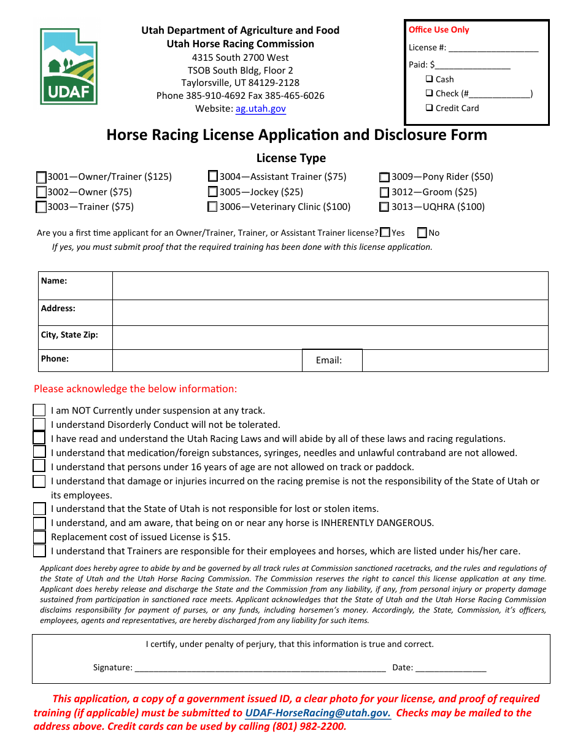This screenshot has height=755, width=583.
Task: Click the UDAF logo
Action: (69, 66)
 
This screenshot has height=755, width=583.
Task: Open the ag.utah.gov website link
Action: (260, 109)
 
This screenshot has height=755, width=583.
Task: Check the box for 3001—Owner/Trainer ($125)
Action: (42, 177)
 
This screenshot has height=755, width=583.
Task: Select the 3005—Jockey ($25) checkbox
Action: (213, 192)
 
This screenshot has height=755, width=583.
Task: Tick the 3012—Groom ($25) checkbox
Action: (384, 192)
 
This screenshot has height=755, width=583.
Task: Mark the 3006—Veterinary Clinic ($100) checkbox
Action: (213, 207)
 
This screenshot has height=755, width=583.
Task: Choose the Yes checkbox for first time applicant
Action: (385, 233)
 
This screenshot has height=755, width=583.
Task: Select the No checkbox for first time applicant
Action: (422, 233)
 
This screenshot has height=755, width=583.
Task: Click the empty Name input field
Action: (330, 285)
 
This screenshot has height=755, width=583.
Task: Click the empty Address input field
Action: (330, 312)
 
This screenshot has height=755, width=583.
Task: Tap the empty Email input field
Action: (454, 360)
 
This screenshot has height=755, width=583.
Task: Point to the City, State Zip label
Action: (69, 335)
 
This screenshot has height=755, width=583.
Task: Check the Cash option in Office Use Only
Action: (430, 79)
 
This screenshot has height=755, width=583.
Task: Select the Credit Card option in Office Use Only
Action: (430, 108)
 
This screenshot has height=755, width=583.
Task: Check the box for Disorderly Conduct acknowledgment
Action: (39, 424)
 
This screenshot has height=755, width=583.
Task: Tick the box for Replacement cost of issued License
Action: (39, 537)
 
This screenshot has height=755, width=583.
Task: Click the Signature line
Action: (260, 668)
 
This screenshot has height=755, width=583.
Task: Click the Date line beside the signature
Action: (451, 668)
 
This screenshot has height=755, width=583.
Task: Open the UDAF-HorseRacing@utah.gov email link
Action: (317, 713)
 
